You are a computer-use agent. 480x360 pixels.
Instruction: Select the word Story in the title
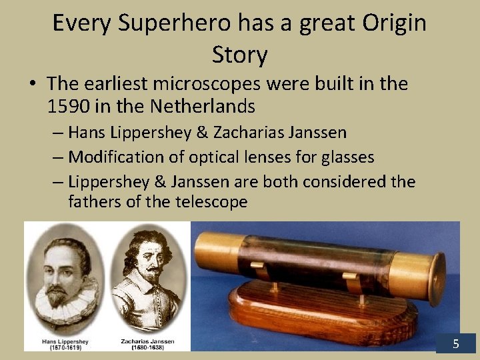(239, 55)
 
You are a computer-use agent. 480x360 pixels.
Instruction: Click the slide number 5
(456, 344)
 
